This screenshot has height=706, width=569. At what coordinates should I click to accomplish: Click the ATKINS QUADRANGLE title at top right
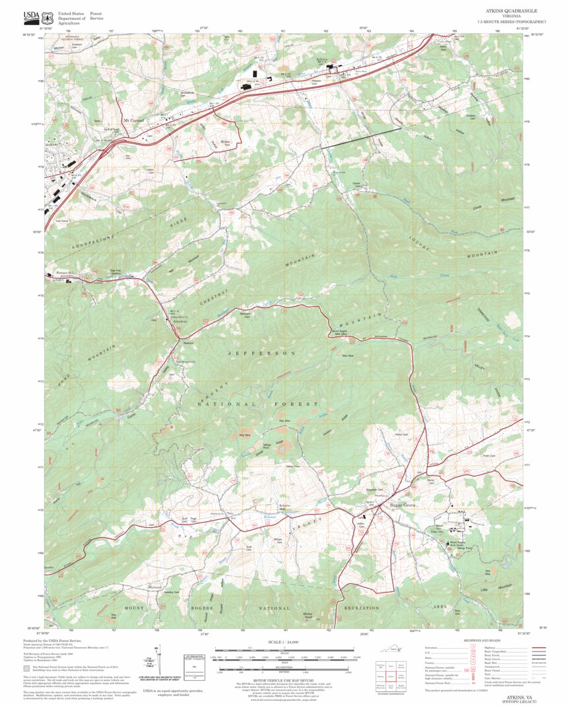point(512,12)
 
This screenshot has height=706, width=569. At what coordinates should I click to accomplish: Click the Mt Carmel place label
point(135,121)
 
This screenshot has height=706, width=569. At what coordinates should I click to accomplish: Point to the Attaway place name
point(162,321)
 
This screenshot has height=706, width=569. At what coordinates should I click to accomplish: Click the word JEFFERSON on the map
point(262,354)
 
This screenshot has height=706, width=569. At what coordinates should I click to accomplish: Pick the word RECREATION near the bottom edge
point(361,608)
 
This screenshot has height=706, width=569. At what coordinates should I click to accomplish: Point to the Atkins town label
point(321,60)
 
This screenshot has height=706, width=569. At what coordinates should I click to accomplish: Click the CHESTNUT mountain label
point(219,297)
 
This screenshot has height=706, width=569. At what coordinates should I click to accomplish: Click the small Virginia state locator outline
point(396,650)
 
